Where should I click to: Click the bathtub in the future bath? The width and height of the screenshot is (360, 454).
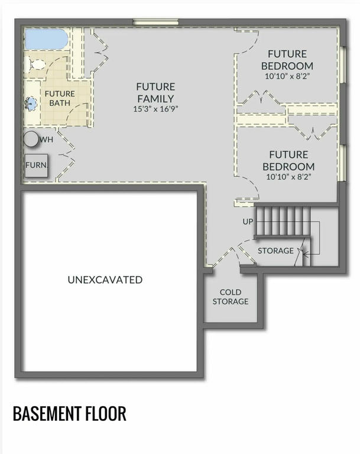46,39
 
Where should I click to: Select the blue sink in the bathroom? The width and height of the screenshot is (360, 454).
31,103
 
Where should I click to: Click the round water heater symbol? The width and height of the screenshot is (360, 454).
31,140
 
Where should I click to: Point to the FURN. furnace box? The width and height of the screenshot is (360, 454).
36,166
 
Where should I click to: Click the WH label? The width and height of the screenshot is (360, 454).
46,140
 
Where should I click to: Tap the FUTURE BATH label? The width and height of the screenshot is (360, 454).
60,99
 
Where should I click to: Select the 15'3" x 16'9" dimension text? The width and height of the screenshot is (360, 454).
155,109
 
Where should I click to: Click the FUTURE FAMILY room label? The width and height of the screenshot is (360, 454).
155,93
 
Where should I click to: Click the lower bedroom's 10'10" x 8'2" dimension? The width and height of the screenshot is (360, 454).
288,177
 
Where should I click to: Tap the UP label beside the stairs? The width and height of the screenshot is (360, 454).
248,222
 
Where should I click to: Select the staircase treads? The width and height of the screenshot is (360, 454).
283,221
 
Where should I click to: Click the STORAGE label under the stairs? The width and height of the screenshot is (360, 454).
275,251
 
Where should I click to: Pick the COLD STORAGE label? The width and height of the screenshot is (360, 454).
231,297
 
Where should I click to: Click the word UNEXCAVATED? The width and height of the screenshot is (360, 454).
105,280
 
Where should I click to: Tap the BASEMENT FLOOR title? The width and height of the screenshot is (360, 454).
70,413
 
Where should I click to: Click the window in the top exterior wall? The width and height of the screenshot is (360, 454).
156,22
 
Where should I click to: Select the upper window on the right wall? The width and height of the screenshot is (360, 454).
343,64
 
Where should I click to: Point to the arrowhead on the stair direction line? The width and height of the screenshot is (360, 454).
304,255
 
